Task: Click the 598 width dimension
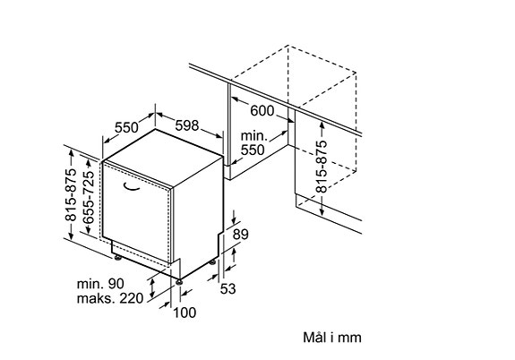click(187, 125)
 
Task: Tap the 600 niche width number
click(262, 111)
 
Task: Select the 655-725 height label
click(89, 197)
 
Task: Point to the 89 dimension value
click(241, 235)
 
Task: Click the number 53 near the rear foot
click(227, 289)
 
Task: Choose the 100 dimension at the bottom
click(185, 313)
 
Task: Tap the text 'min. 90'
click(100, 284)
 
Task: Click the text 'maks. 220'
click(110, 298)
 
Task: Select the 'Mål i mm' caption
click(332, 338)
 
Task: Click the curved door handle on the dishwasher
click(131, 187)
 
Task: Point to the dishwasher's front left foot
click(117, 257)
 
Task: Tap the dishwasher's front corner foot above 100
click(179, 282)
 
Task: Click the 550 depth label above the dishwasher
click(126, 127)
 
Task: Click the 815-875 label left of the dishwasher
click(71, 195)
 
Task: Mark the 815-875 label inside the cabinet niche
click(322, 167)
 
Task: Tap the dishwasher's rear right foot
click(212, 262)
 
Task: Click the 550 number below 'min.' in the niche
click(253, 150)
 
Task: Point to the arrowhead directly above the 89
click(234, 219)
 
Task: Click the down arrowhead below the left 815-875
click(71, 236)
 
